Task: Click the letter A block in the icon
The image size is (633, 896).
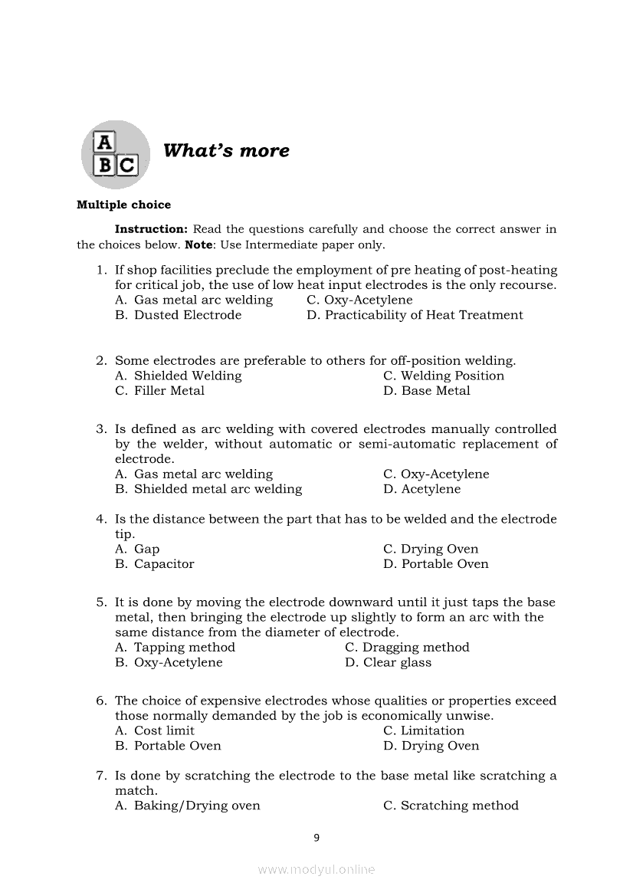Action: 104,143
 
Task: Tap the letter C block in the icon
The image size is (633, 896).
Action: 126,165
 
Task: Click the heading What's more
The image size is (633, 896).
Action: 226,150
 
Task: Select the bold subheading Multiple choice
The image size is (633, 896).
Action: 124,205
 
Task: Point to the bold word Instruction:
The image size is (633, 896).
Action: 151,229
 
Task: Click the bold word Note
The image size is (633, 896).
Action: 198,245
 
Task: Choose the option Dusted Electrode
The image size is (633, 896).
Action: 188,315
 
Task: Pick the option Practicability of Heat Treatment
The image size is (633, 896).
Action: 424,315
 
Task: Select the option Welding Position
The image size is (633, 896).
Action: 452,376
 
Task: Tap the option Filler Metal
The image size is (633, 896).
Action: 169,391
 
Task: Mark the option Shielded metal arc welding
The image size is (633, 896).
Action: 218,489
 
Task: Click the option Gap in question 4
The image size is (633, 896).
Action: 146,549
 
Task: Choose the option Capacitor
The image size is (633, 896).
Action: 164,564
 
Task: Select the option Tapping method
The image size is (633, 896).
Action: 185,648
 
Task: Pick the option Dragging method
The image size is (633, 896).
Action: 415,648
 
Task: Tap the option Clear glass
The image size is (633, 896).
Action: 397,663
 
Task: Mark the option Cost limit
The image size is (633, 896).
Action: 164,731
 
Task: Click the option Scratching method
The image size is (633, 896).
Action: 459,806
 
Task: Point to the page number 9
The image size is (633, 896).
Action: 316,838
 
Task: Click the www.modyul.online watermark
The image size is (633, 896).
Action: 316,869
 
